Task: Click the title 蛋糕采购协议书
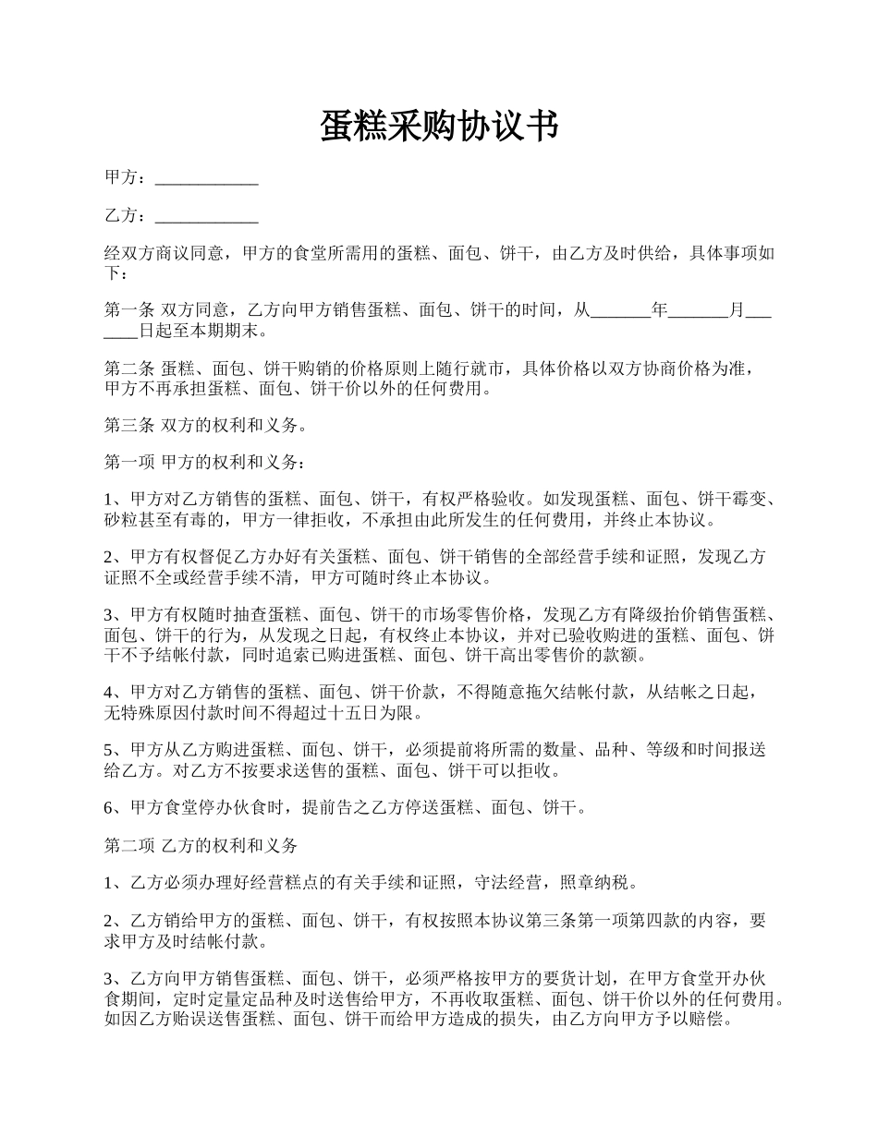(x=439, y=127)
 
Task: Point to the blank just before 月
(x=698, y=311)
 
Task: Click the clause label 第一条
(x=129, y=311)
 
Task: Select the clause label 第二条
(x=129, y=369)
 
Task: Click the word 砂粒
(x=121, y=519)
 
